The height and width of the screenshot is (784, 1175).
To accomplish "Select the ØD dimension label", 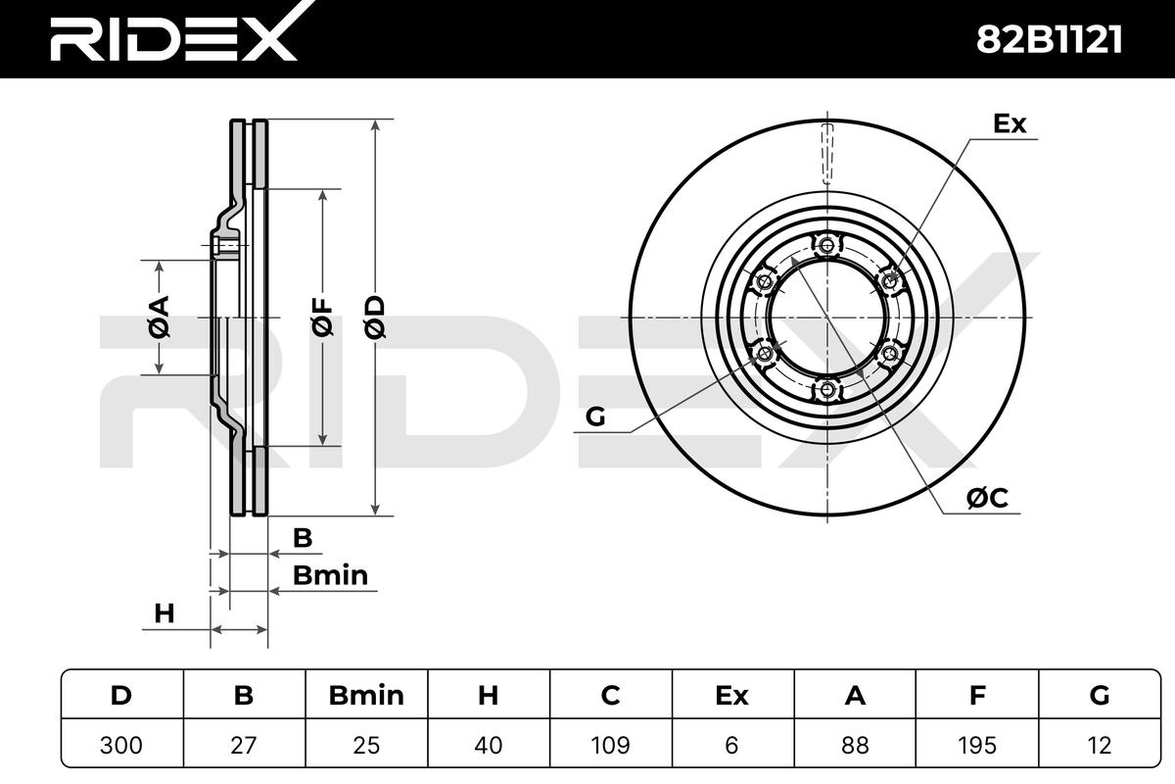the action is pos(374,317).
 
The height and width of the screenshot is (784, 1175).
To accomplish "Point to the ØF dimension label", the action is pos(322,317).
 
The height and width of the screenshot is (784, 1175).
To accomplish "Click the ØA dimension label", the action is pos(159,317).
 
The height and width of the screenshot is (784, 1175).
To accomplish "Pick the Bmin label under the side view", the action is pos(330,575).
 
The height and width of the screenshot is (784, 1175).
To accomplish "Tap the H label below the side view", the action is pos(164,613).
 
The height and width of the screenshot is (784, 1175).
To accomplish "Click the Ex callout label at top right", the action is pos(1010,123).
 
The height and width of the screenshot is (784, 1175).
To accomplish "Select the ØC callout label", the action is pos(987,497).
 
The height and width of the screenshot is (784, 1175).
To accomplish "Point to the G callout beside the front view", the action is pos(595,416).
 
